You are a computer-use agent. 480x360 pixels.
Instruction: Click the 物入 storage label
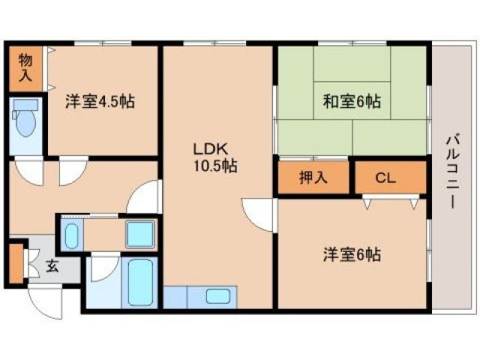pyautogui.click(x=25, y=66)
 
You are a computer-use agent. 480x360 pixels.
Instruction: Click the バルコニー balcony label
pyautogui.click(x=451, y=172)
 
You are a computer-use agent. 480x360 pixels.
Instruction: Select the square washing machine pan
pyautogui.click(x=139, y=234)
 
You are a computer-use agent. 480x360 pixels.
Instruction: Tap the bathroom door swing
pyautogui.click(x=103, y=270)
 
